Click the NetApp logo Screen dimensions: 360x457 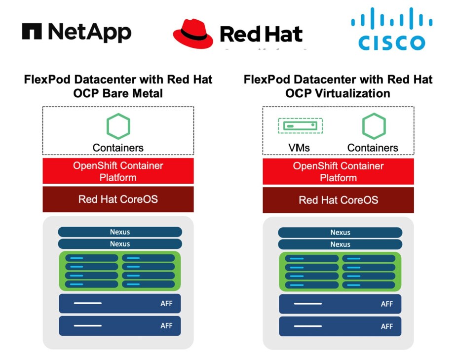[76, 33]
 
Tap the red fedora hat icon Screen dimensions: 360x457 [193, 33]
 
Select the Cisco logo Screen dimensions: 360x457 [391, 32]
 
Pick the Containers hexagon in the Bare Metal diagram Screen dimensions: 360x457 [118, 126]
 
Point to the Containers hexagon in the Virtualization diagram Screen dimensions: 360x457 [373, 126]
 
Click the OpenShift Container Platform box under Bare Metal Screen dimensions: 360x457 [118, 171]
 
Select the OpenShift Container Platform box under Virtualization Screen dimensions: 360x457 [338, 171]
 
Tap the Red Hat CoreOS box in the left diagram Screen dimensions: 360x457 [118, 199]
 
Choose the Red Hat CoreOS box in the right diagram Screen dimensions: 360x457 [338, 200]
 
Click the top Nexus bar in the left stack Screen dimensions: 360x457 [120, 232]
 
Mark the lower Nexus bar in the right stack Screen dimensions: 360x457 [340, 244]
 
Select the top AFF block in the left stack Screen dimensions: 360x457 [120, 303]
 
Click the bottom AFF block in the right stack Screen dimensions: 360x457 [340, 326]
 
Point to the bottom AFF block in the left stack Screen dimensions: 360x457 [120, 326]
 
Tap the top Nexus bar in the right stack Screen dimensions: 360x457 [340, 232]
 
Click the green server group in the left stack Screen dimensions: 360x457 [120, 271]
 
